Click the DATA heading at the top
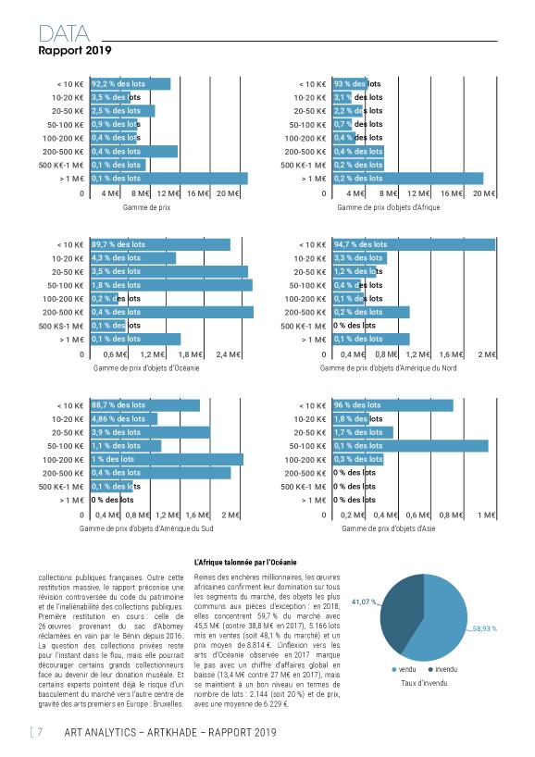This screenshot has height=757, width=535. pyautogui.click(x=64, y=34)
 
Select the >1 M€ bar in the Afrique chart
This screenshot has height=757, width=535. pyautogui.click(x=407, y=179)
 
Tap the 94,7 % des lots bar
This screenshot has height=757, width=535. pyautogui.click(x=414, y=244)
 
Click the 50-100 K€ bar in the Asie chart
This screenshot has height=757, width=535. pyautogui.click(x=410, y=446)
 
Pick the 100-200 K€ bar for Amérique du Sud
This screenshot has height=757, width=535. pyautogui.click(x=167, y=459)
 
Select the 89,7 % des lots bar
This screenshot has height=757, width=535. pyautogui.click(x=160, y=244)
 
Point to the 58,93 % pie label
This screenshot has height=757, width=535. pyautogui.click(x=484, y=628)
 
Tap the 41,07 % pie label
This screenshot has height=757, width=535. pyautogui.click(x=363, y=602)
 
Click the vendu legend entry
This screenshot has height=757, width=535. pyautogui.click(x=404, y=669)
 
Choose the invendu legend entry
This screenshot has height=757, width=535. pyautogui.click(x=442, y=669)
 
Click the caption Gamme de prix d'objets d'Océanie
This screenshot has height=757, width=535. pyautogui.click(x=146, y=368)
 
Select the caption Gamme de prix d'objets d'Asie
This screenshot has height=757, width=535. pyautogui.click(x=389, y=528)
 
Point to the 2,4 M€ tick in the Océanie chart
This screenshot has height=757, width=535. pyautogui.click(x=228, y=354)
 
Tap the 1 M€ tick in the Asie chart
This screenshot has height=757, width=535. pyautogui.click(x=487, y=515)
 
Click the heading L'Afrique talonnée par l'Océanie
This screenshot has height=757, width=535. pyautogui.click(x=245, y=563)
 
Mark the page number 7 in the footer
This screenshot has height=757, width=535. pyautogui.click(x=40, y=732)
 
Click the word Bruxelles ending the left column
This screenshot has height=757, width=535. pyautogui.click(x=168, y=704)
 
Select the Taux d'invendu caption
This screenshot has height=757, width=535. pyautogui.click(x=424, y=683)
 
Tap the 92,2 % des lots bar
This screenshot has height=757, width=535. pyautogui.click(x=131, y=83)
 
